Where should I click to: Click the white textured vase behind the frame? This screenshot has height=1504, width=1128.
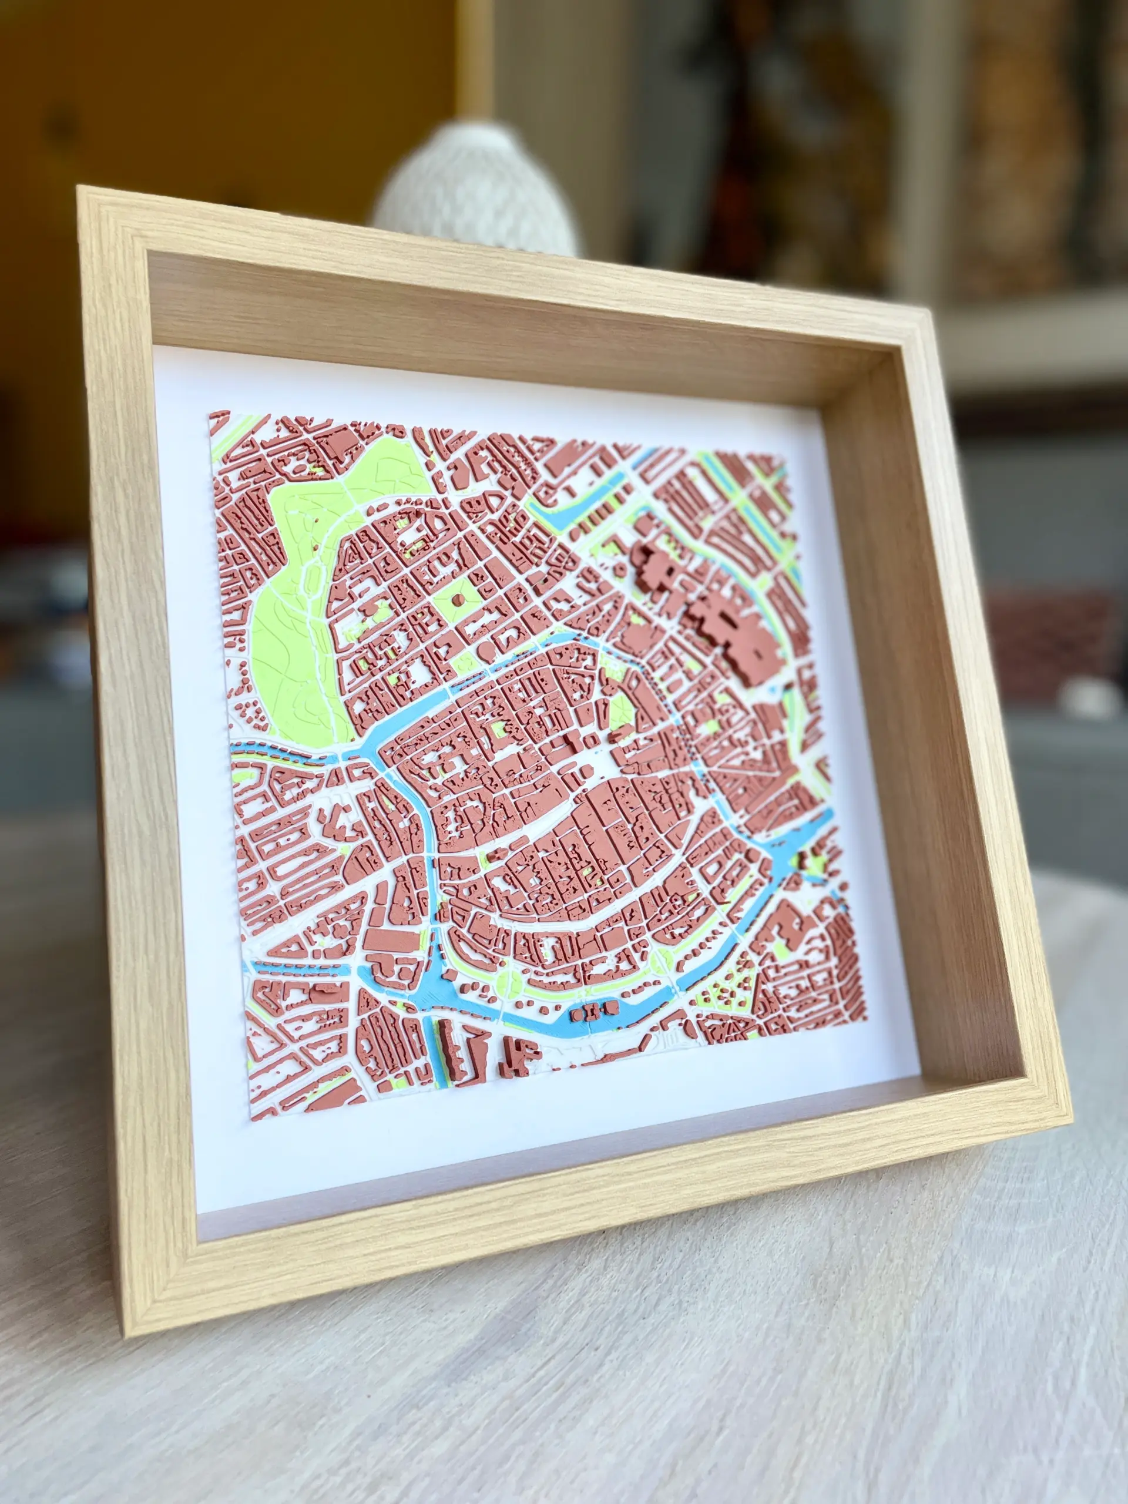(x=476, y=190)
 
